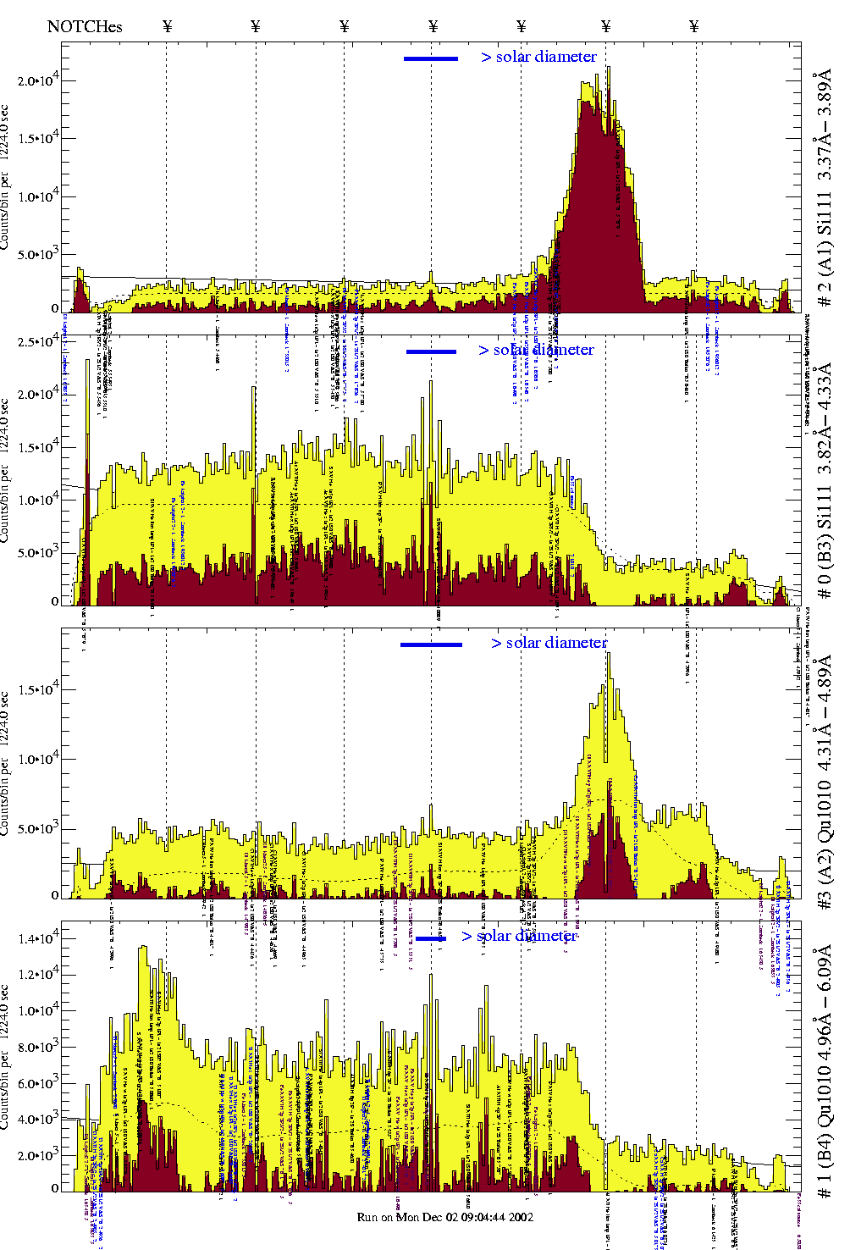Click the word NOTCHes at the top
[x=85, y=26]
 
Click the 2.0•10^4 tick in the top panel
[x=38, y=80]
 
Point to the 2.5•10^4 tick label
[x=38, y=341]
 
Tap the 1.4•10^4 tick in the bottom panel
[x=38, y=938]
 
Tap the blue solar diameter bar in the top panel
[x=431, y=58]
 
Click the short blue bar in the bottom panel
[x=431, y=938]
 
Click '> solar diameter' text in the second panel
[x=536, y=350]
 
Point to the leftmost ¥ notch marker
[x=168, y=26]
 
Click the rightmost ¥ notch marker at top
[x=694, y=26]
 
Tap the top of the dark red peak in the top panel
[x=599, y=110]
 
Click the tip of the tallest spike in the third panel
[x=608, y=653]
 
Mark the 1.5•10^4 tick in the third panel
[x=38, y=689]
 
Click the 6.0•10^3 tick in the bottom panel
[x=38, y=1083]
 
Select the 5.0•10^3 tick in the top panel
[x=38, y=254]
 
